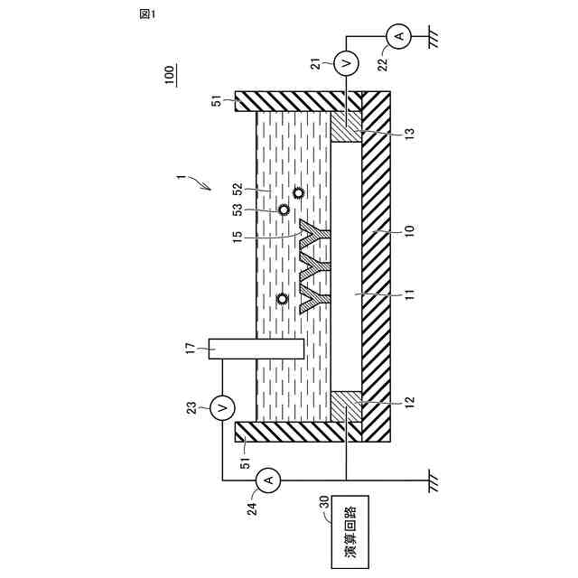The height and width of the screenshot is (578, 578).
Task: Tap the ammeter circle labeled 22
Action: (x=397, y=36)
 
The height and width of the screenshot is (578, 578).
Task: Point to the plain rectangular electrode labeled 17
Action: (x=256, y=349)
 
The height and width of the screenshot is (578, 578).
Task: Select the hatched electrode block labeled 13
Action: (x=347, y=126)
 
